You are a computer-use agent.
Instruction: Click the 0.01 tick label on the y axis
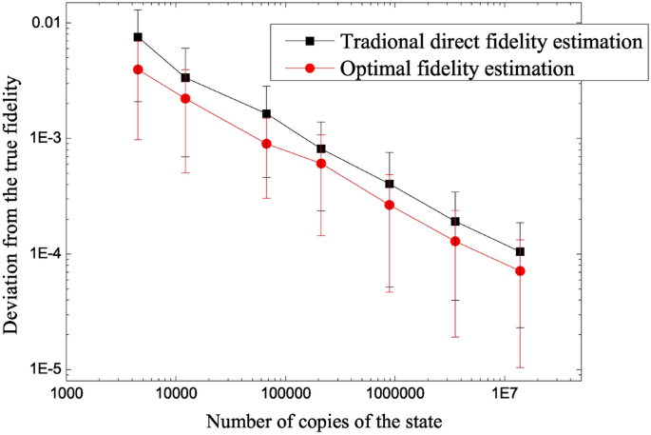point(40,22)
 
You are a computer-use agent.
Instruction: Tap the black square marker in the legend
point(297,43)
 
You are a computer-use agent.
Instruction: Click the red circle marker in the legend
point(297,69)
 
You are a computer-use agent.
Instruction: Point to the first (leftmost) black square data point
point(138,37)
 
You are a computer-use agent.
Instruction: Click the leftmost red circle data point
point(138,69)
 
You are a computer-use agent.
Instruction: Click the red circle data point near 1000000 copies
point(390,205)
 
